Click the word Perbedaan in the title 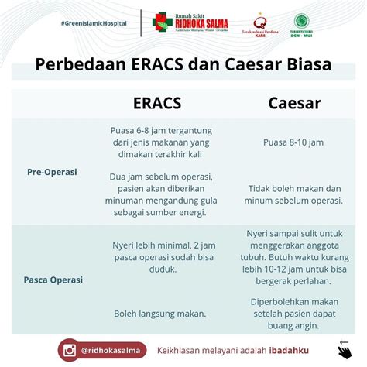point(78,63)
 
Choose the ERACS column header point(158,104)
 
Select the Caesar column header point(295,104)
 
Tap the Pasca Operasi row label point(53,279)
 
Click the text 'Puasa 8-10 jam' point(293,142)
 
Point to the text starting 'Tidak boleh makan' point(295,194)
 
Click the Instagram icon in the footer point(69,349)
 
